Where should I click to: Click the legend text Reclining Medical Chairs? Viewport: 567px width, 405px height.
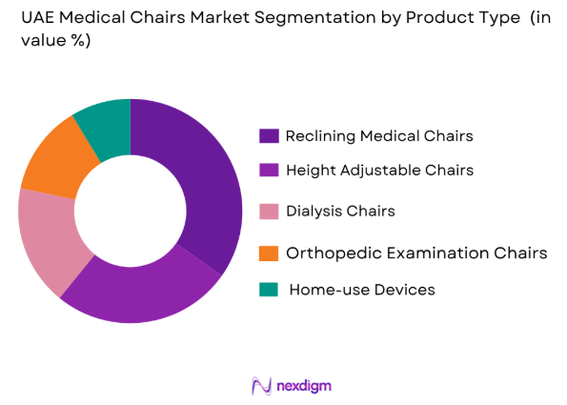point(379,136)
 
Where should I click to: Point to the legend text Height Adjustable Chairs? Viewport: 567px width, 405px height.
point(379,171)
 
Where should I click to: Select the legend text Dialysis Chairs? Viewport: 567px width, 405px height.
point(341,211)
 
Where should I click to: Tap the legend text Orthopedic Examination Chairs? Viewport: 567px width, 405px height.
point(416,253)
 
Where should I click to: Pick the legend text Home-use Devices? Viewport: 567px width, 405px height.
point(361,290)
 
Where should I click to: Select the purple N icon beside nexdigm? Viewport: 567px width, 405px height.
point(260,385)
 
